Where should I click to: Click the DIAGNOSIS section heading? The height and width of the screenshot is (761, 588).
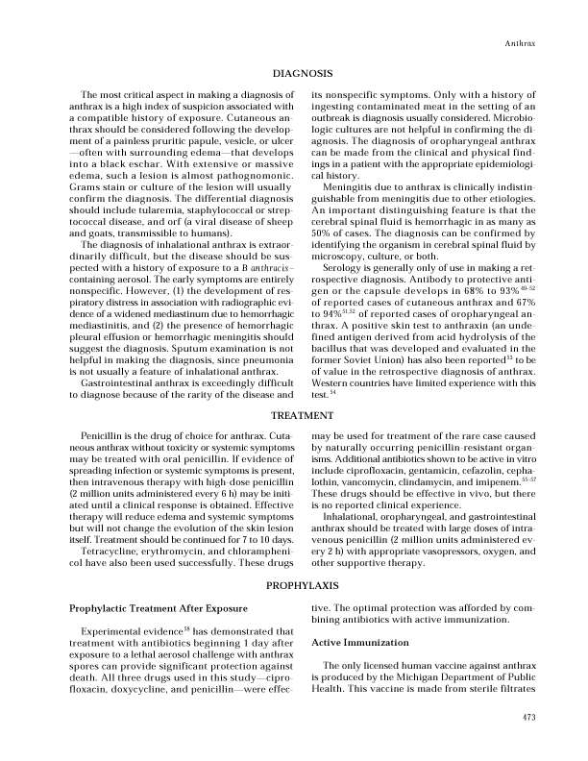(x=303, y=73)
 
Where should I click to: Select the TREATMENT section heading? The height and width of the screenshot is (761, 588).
(x=303, y=416)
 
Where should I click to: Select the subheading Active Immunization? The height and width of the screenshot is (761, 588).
(x=357, y=641)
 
